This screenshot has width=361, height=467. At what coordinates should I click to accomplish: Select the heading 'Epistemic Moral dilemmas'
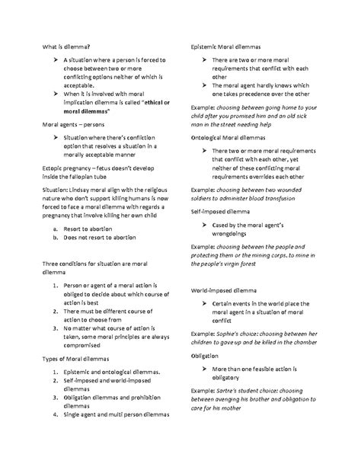click(225, 46)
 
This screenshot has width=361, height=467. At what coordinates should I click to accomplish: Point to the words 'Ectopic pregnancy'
click(64, 164)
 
